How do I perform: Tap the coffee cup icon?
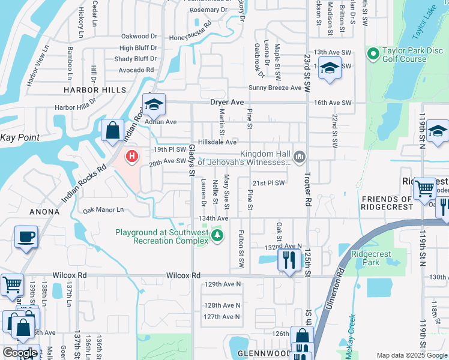[26, 237]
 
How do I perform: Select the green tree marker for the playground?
[217, 236]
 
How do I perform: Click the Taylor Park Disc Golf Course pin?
[373, 54]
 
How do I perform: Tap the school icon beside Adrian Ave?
[154, 106]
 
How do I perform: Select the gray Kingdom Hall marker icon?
[299, 157]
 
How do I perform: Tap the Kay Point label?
[20, 137]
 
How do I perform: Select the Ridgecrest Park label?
[371, 258]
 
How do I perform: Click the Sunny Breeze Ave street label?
[275, 88]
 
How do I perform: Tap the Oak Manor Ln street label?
[103, 210]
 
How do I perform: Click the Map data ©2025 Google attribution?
[411, 355]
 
